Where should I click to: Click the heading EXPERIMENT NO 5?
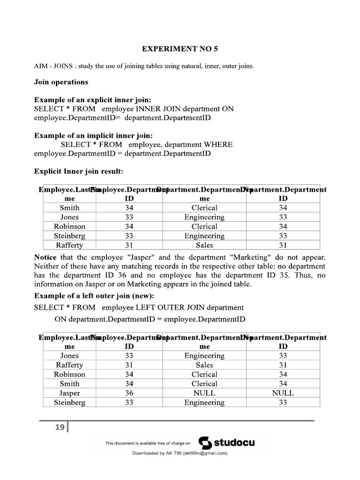pyautogui.click(x=180, y=49)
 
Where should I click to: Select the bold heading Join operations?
pyautogui.click(x=61, y=82)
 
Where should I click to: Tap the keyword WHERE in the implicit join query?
pyautogui.click(x=217, y=144)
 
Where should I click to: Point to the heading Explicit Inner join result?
pyautogui.click(x=78, y=172)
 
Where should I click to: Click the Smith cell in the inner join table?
pyautogui.click(x=69, y=208)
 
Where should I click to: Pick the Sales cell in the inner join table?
pyautogui.click(x=204, y=245)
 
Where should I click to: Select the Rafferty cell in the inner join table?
pyautogui.click(x=69, y=245)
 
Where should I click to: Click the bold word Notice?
pyautogui.click(x=45, y=258)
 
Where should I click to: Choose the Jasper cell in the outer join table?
pyautogui.click(x=69, y=393)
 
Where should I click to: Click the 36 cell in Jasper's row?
pyautogui.click(x=129, y=393)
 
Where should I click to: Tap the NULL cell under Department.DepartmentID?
pyautogui.click(x=283, y=393)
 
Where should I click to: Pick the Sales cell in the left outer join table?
pyautogui.click(x=204, y=365)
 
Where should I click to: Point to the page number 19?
pyautogui.click(x=60, y=427)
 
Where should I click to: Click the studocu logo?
pyautogui.click(x=227, y=442)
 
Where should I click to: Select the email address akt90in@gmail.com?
pyautogui.click(x=205, y=453)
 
